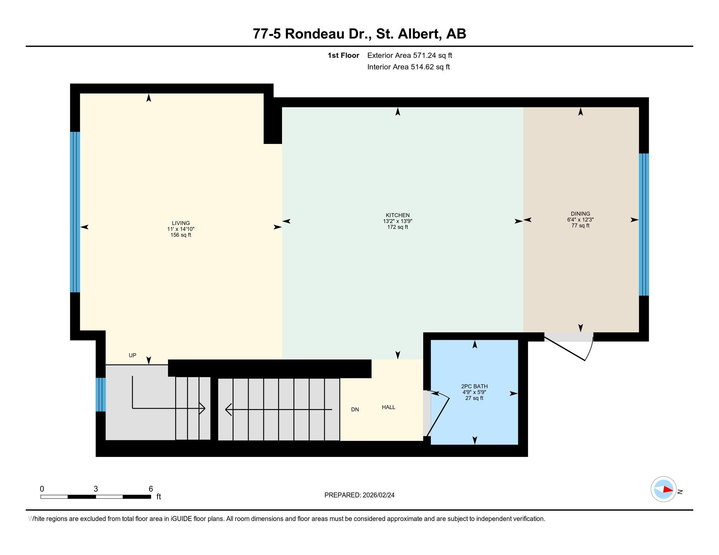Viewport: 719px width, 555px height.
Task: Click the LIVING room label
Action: pos(180,223)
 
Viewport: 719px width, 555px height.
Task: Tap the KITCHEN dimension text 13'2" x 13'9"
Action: pos(397,221)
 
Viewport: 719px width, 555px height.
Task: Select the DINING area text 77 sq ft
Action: pos(580,226)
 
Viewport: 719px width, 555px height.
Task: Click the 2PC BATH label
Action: pos(474,386)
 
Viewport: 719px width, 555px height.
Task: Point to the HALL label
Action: pos(388,407)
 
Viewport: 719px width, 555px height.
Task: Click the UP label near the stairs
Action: pos(132,356)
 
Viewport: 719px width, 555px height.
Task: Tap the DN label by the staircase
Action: pos(355,410)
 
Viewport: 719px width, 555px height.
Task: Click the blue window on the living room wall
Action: pos(75,212)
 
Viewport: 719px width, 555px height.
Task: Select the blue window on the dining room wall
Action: pos(644,225)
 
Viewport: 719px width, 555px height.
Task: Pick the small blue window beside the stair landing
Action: pos(101,395)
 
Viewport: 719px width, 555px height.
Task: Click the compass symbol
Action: pos(663,489)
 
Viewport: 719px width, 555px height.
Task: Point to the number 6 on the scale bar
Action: pos(151,489)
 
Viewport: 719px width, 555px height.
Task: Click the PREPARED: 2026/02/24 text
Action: pos(359,495)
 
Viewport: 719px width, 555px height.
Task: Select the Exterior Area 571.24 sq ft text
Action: pos(410,55)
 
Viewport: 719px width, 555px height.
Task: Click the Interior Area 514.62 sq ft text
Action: pos(408,67)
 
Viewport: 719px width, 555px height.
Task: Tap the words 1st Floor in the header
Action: pos(343,55)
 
